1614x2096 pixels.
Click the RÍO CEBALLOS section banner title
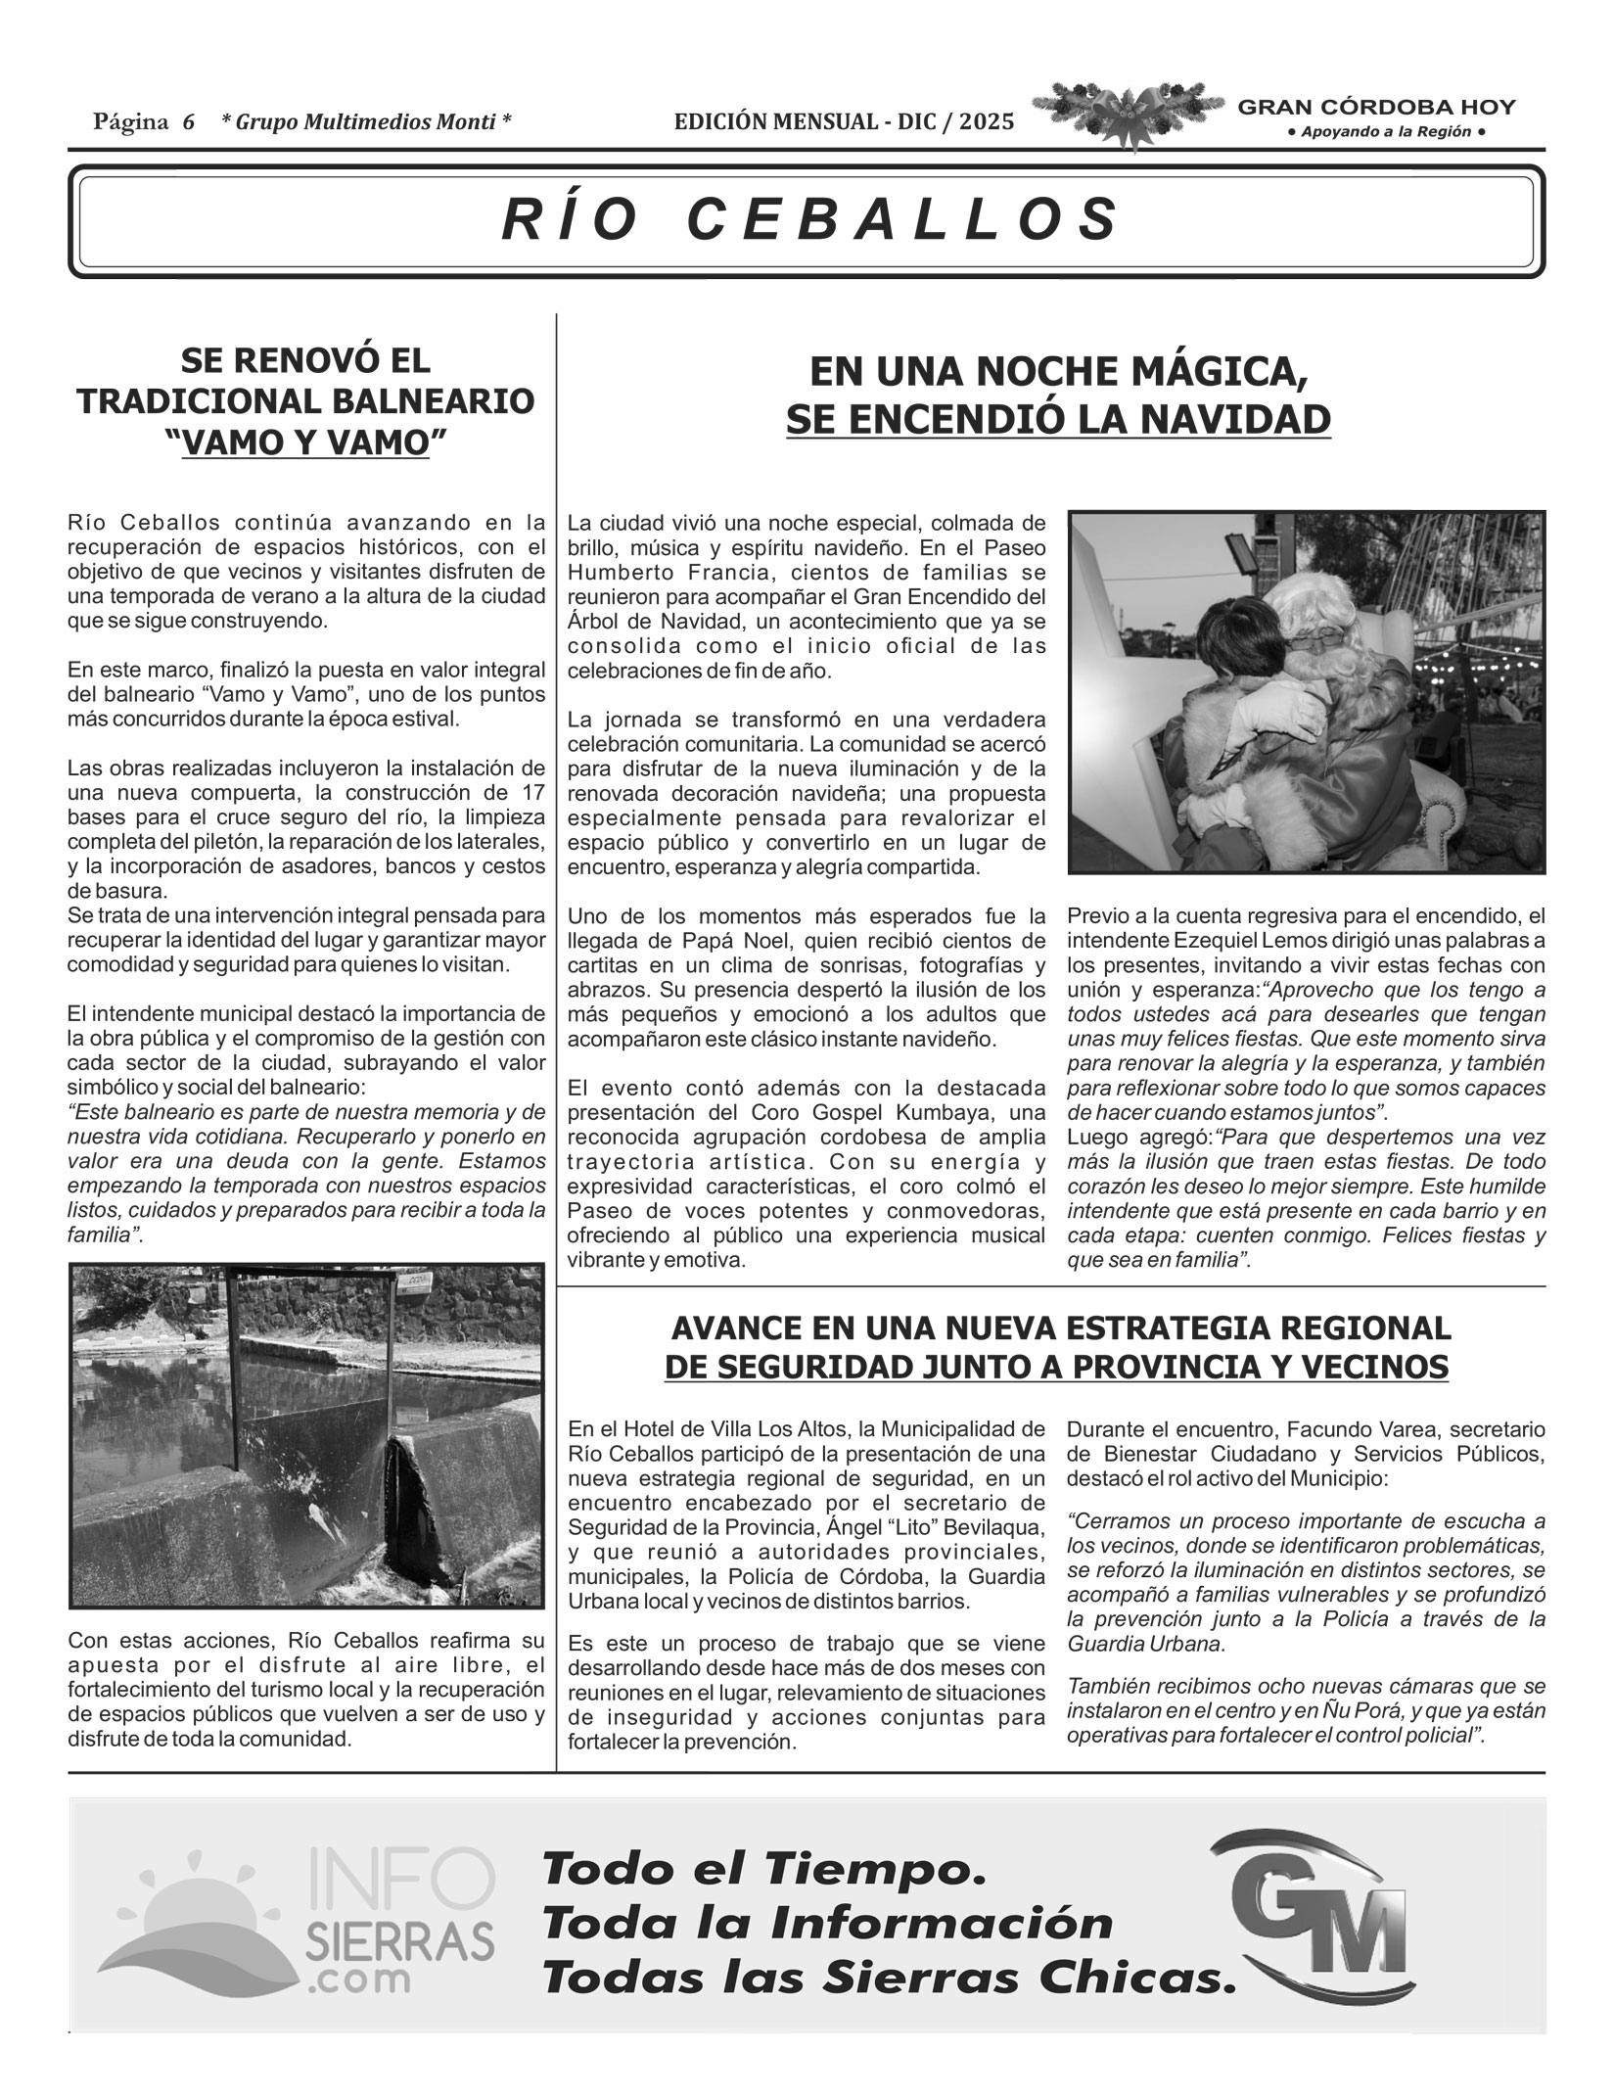809,219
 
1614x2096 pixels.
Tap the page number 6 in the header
188,122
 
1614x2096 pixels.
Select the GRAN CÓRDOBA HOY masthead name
1377,108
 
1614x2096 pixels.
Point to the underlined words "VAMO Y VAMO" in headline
306,442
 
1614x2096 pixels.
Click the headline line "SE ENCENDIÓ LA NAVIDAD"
1058,419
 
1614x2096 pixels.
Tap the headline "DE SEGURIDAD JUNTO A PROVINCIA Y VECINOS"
1056,1367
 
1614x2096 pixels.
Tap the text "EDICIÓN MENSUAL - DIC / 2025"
844,121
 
